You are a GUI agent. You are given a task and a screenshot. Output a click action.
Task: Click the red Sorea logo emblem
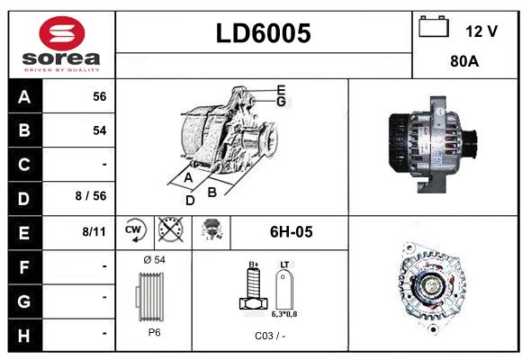coord(62,33)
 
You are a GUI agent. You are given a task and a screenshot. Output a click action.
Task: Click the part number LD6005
coord(264,33)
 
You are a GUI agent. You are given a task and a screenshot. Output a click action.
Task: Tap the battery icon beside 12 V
coord(434,27)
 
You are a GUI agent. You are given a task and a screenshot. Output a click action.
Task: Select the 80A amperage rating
coord(464,61)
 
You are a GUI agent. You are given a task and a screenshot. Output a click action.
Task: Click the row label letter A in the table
coord(24,97)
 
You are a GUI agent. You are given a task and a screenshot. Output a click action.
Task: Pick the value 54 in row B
coord(100,130)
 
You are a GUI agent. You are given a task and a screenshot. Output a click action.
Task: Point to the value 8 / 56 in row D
coord(91,196)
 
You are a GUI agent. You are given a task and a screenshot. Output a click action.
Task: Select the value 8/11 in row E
coord(94,231)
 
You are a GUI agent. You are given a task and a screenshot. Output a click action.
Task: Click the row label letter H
coord(24,336)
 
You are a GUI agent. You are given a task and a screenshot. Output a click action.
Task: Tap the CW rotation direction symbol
coord(135,230)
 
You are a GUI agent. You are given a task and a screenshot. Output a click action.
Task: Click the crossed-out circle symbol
coord(170,229)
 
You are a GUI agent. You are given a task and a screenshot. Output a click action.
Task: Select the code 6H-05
coord(291,232)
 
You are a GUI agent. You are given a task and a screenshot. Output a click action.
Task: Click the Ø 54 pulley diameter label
coord(154,260)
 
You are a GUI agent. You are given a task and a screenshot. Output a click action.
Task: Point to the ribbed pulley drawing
coord(150,297)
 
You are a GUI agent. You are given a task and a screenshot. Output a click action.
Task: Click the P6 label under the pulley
coord(154,332)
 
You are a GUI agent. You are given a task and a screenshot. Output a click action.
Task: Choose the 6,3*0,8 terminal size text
coord(284,314)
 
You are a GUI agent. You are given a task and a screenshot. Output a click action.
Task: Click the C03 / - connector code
coord(270,336)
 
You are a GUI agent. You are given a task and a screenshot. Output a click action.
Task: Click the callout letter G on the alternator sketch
coord(281,102)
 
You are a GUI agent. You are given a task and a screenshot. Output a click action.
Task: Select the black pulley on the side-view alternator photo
coord(471,141)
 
